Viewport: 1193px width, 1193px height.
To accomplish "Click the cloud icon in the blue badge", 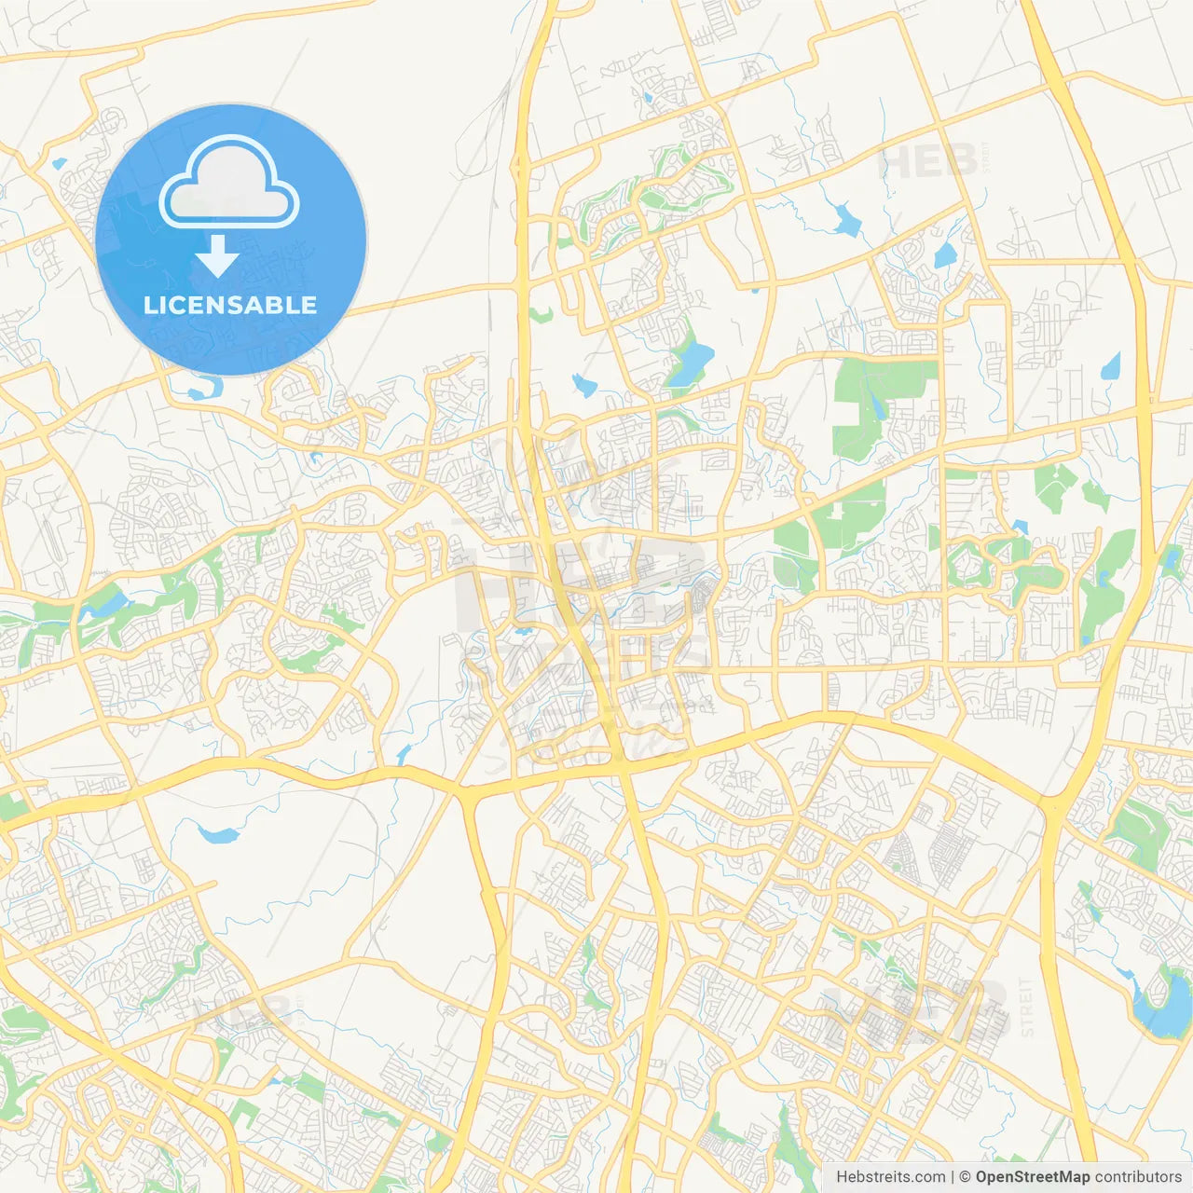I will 229,183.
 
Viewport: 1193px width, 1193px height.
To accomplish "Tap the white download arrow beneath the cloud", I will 217,255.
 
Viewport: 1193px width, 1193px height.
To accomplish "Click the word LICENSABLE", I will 230,305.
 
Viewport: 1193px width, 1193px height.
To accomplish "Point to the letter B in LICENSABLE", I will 277,305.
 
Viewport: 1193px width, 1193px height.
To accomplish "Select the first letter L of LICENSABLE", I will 150,305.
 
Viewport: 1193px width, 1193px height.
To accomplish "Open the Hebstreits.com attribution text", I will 890,1177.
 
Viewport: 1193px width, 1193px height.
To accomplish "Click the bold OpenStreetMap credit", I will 1033,1177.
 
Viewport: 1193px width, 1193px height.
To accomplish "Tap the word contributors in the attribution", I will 1138,1177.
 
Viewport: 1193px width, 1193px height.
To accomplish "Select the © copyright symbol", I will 966,1177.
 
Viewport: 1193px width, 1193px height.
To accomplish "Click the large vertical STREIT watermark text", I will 1026,1008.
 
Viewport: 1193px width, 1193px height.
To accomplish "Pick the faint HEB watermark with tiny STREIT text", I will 927,161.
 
